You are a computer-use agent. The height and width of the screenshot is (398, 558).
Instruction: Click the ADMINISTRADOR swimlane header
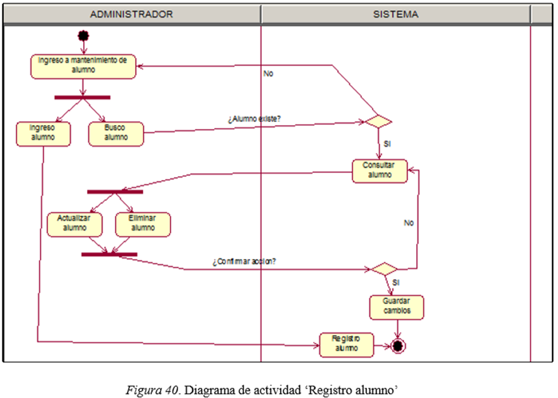coord(132,15)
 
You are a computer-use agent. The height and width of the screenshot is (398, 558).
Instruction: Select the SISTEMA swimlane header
coord(395,15)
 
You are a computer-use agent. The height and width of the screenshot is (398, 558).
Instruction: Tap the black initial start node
coord(83,36)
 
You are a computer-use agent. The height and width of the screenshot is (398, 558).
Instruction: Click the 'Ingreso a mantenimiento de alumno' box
coord(83,66)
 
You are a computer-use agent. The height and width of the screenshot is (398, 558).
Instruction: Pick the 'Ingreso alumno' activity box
coord(43,133)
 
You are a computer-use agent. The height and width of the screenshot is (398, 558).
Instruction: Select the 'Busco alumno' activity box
coord(116,133)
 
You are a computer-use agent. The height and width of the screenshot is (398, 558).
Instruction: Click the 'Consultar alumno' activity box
coord(379,171)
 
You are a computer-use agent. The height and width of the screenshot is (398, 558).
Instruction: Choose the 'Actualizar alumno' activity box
coord(74,224)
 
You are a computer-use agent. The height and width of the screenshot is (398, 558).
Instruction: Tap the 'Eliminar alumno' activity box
coord(143,224)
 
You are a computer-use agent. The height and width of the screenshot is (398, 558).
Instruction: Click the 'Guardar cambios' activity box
coord(396,307)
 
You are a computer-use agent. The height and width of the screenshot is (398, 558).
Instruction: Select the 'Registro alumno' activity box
coord(346,344)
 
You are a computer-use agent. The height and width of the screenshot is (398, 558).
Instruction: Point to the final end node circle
coord(398,346)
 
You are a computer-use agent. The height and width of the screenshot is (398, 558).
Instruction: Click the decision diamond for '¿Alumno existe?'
coord(378,122)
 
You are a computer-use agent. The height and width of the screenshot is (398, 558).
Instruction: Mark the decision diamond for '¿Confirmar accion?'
coord(384,269)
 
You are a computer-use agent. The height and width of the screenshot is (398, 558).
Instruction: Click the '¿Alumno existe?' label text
coord(254,119)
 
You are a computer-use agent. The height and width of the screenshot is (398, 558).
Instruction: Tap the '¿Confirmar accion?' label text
coord(244,262)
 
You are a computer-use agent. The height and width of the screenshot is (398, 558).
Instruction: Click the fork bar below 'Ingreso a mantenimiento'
coord(82,98)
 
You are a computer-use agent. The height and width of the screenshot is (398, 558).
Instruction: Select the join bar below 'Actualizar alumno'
coord(109,254)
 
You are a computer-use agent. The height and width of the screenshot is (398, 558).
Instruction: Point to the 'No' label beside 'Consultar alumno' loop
coord(409,223)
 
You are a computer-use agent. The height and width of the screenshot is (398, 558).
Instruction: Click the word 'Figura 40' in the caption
coord(152,390)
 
